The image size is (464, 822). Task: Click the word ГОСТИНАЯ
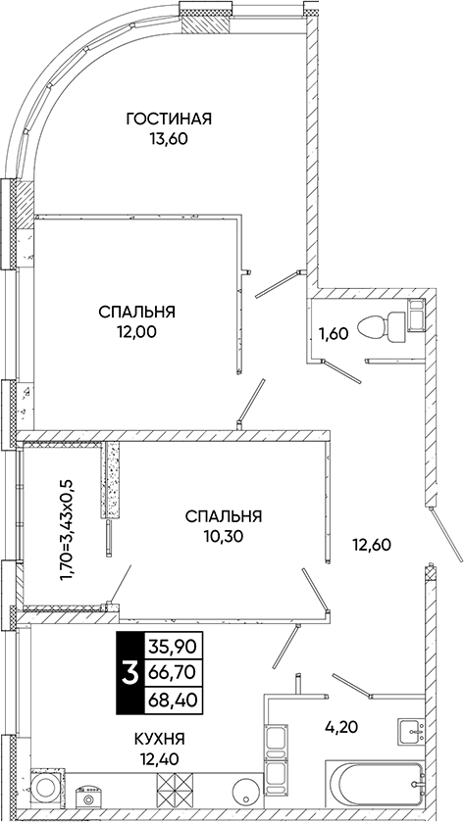(169, 120)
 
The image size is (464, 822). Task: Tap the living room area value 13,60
(169, 138)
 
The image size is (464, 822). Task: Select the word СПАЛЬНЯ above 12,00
(136, 312)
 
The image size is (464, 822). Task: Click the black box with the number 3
(128, 673)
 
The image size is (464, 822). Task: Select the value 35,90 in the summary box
(168, 646)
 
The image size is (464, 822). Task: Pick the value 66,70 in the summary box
(168, 673)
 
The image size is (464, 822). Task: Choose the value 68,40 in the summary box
(168, 701)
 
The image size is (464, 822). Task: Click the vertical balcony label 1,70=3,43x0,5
(67, 529)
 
